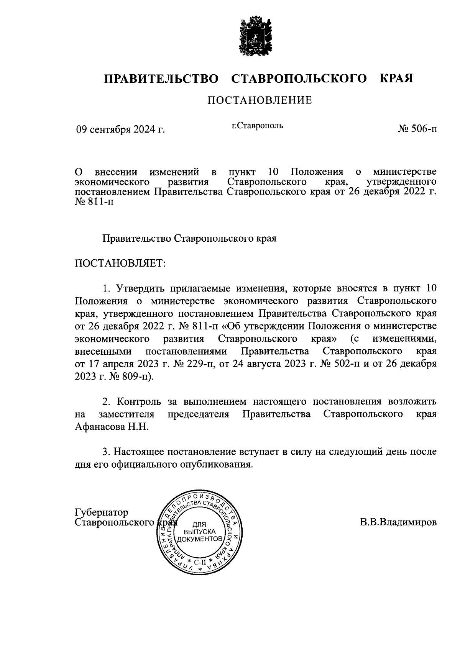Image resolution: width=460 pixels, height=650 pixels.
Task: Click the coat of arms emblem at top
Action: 253,35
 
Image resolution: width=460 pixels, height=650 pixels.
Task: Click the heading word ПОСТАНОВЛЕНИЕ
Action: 260,100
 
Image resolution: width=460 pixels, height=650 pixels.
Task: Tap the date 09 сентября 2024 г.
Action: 120,130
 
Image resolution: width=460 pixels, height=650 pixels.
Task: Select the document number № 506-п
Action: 417,129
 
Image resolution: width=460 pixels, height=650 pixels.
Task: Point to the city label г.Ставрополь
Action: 257,126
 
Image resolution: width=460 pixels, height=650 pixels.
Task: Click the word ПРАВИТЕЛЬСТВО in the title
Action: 161,79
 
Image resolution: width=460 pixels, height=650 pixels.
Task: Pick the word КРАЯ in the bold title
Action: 396,79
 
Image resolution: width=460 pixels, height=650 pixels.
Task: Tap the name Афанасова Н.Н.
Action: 112,427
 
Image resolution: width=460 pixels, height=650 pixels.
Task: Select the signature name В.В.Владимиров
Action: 398,522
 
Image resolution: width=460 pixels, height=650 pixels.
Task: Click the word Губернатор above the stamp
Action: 102,512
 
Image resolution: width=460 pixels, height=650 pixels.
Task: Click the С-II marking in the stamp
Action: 200,562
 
